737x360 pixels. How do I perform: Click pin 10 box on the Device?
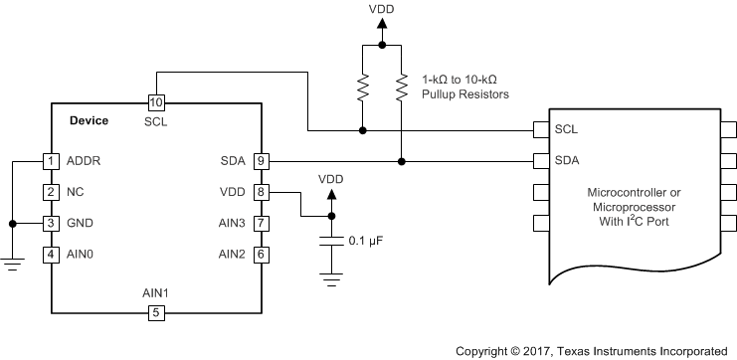pyautogui.click(x=155, y=102)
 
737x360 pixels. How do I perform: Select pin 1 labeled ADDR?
pyautogui.click(x=51, y=160)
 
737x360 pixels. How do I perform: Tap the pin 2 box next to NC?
pyautogui.click(x=51, y=192)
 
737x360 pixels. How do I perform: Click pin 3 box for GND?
pyautogui.click(x=51, y=224)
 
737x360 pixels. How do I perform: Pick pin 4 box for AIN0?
pyautogui.click(x=51, y=255)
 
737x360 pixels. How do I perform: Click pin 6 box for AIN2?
pyautogui.click(x=261, y=255)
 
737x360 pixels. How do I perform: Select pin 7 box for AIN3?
pyautogui.click(x=261, y=224)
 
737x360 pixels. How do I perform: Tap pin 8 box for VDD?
pyautogui.click(x=261, y=192)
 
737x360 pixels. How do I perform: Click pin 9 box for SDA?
pyautogui.click(x=261, y=160)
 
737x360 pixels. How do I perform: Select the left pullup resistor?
pyautogui.click(x=362, y=91)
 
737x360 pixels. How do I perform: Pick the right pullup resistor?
pyautogui.click(x=401, y=91)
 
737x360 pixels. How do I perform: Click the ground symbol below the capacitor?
pyautogui.click(x=331, y=280)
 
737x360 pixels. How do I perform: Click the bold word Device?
pyautogui.click(x=90, y=121)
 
